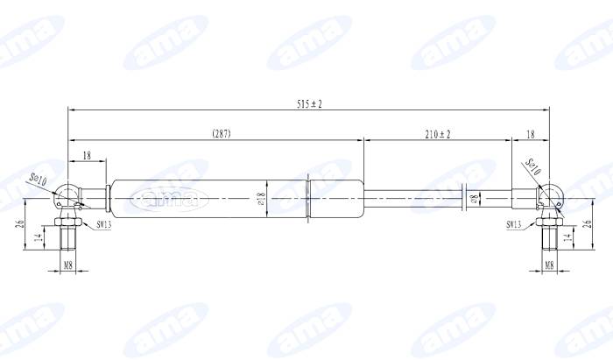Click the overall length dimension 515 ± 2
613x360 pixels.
[309, 103]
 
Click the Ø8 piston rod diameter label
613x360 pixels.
[474, 200]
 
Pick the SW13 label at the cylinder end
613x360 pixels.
[103, 225]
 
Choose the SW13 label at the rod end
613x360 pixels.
[514, 225]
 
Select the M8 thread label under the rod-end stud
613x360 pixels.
[549, 264]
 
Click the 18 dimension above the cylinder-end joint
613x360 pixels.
[86, 155]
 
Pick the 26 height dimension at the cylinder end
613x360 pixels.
[20, 224]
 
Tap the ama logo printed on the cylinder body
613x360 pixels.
[166, 199]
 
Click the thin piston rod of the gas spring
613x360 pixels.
[420, 199]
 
